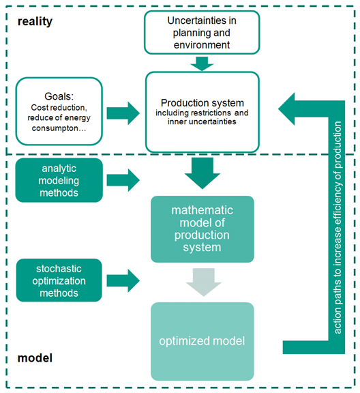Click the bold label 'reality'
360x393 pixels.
[x=35, y=22]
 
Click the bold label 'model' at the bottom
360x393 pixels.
[x=35, y=358]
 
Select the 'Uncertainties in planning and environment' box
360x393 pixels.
[x=202, y=32]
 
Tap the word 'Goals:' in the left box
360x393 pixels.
[x=59, y=96]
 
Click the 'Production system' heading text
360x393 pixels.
[x=202, y=103]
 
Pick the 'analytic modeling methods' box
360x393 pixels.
[x=59, y=180]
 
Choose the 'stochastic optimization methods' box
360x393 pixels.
[x=59, y=280]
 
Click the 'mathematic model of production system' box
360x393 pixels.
[x=202, y=229]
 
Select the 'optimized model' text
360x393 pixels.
[x=202, y=341]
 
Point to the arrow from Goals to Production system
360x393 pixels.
[x=123, y=113]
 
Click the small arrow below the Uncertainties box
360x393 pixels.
[x=202, y=64]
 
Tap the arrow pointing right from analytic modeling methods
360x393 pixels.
[x=123, y=180]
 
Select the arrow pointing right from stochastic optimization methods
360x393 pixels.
[x=123, y=280]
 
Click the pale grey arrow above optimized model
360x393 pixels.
[x=203, y=282]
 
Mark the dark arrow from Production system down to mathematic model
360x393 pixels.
[x=202, y=173]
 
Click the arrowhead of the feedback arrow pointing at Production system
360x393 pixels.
[x=287, y=108]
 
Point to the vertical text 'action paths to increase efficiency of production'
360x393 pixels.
[x=337, y=228]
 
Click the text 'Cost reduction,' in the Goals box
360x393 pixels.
[x=59, y=108]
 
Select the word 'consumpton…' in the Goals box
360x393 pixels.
[x=59, y=128]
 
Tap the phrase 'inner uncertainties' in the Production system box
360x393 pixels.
[x=202, y=121]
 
